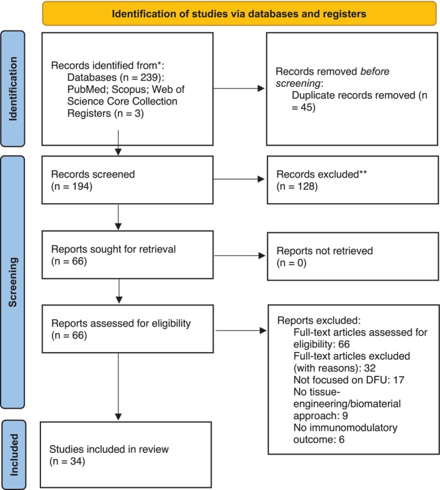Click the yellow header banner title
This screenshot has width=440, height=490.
(x=239, y=14)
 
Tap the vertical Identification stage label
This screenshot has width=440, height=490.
(x=13, y=89)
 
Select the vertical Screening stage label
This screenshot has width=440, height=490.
(x=13, y=282)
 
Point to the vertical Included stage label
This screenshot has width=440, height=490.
(x=14, y=455)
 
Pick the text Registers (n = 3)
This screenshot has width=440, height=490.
(x=106, y=113)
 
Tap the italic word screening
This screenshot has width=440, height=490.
(x=298, y=83)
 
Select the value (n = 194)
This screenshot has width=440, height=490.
(x=72, y=186)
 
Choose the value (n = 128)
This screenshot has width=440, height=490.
(x=297, y=186)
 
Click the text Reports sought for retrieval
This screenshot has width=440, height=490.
(x=114, y=249)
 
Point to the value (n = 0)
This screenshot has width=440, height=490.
(x=291, y=263)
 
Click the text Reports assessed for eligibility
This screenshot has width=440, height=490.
(x=121, y=324)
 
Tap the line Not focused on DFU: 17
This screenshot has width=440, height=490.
(x=349, y=380)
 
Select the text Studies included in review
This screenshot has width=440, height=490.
(x=109, y=450)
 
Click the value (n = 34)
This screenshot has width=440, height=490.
(x=67, y=461)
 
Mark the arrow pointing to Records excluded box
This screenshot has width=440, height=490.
(x=239, y=179)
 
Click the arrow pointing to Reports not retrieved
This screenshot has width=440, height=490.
(x=240, y=256)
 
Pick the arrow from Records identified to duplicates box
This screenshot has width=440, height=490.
(x=239, y=88)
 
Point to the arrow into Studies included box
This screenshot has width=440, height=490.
(x=119, y=387)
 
